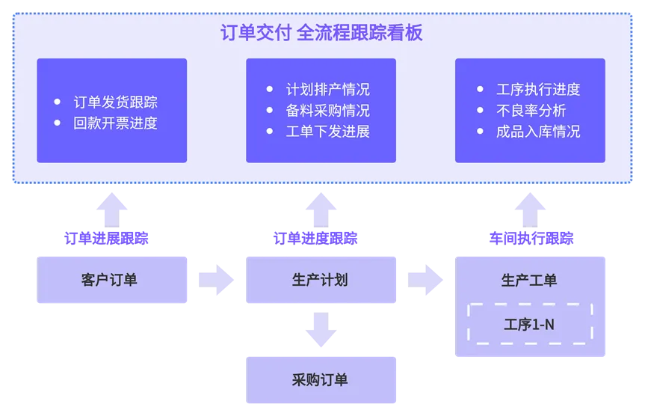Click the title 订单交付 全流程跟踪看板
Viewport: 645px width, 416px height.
click(x=322, y=33)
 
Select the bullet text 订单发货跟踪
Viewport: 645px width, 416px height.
click(x=115, y=103)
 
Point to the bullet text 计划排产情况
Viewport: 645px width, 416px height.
click(x=327, y=90)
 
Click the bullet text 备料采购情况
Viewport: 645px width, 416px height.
click(x=327, y=111)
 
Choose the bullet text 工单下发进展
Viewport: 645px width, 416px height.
click(x=327, y=132)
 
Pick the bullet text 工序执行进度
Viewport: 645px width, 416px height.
click(x=537, y=90)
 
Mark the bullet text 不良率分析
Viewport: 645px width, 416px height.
click(x=531, y=111)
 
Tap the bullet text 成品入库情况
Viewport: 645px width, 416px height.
click(x=537, y=132)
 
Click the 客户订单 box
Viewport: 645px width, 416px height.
click(x=112, y=280)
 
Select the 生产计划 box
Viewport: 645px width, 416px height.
click(x=321, y=280)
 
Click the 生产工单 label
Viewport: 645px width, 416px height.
click(x=530, y=281)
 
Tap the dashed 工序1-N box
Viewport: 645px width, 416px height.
click(x=530, y=324)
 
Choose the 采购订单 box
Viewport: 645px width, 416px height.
click(x=321, y=379)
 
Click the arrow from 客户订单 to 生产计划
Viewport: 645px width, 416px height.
click(x=217, y=279)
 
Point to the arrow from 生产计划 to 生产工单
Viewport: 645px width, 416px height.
click(x=426, y=279)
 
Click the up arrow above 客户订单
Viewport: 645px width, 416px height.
click(x=113, y=207)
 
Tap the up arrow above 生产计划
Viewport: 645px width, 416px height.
click(x=321, y=207)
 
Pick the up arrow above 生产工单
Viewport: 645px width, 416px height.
click(x=530, y=207)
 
